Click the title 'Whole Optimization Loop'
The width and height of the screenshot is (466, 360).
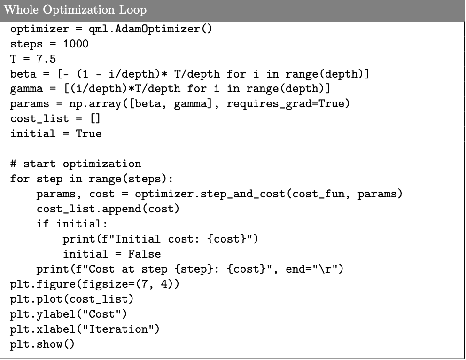click(x=75, y=10)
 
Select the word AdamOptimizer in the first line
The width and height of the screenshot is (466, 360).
click(x=157, y=29)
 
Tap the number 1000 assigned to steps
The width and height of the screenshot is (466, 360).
click(x=76, y=44)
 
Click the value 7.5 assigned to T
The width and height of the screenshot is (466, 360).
click(x=46, y=59)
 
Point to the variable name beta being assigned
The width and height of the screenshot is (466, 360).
click(x=23, y=74)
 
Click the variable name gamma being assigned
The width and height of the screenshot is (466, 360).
click(x=26, y=89)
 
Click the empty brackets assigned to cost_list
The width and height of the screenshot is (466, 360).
click(x=95, y=119)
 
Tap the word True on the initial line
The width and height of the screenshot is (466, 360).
click(x=89, y=134)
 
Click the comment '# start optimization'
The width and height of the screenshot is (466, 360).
click(x=76, y=164)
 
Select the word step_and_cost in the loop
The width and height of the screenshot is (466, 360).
click(x=242, y=194)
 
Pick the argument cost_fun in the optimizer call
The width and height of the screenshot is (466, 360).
click(x=318, y=194)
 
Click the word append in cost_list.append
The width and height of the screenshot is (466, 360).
click(x=122, y=209)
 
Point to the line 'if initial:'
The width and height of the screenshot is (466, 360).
click(x=72, y=224)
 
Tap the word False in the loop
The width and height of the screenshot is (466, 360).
click(x=144, y=254)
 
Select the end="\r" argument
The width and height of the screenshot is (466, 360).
click(x=311, y=269)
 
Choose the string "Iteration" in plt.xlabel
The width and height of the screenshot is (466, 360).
click(x=118, y=329)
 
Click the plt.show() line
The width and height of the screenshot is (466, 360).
click(x=42, y=344)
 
